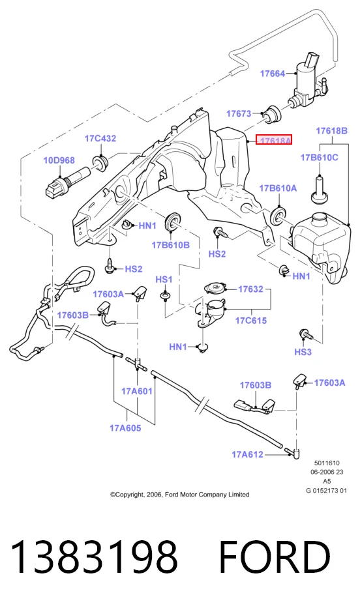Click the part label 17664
[x=273, y=73]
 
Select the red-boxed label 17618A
[x=274, y=140]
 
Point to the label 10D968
[x=59, y=160]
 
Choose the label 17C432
[x=100, y=138]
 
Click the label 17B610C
[x=320, y=158]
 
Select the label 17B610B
[x=170, y=244]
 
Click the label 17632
[x=250, y=289]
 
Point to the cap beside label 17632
[x=215, y=289]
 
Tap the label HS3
[x=303, y=352]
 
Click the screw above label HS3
[x=305, y=334]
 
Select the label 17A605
[x=125, y=428]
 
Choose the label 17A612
[x=248, y=454]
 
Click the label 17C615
[x=251, y=320]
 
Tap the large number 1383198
[x=95, y=557]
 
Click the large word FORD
[x=275, y=557]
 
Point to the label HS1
[x=164, y=279]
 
